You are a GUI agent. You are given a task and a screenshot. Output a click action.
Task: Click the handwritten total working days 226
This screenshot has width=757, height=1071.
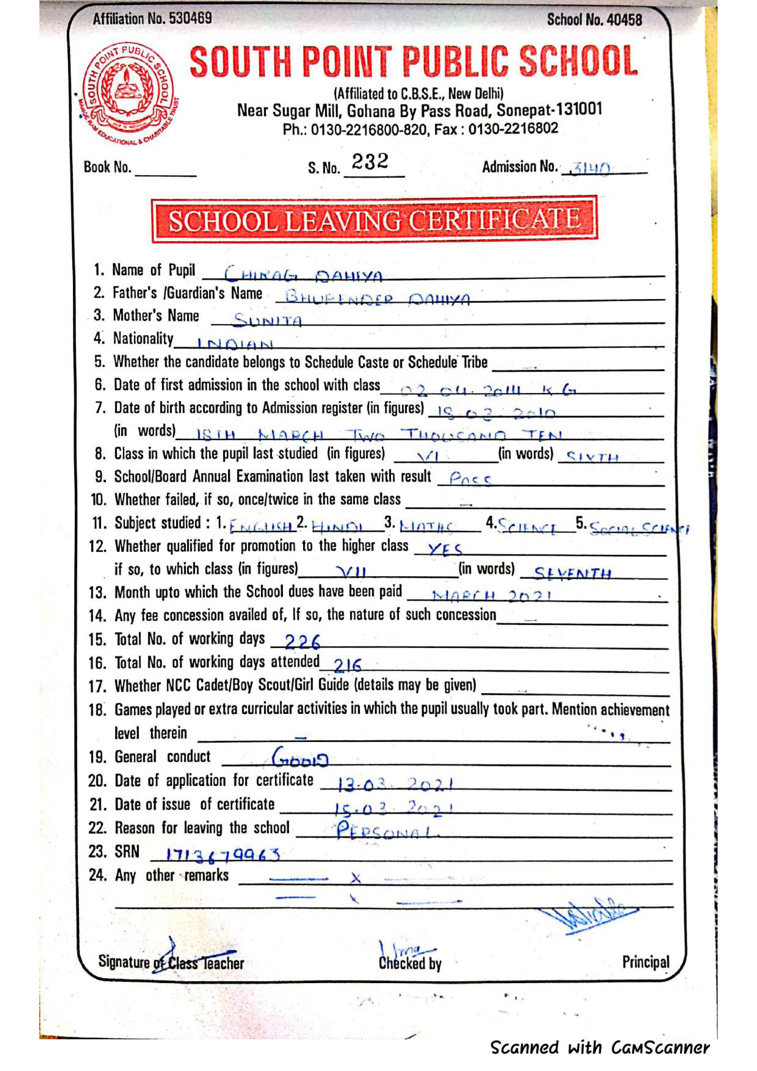tap(302, 642)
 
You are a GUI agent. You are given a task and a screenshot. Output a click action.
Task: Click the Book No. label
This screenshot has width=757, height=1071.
tap(107, 167)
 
